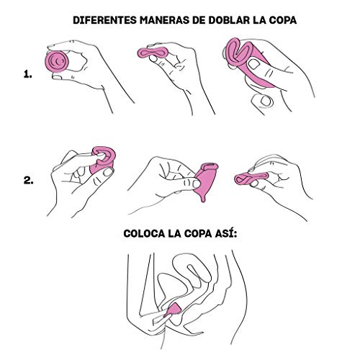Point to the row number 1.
point(27,73)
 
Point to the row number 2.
point(27,181)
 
